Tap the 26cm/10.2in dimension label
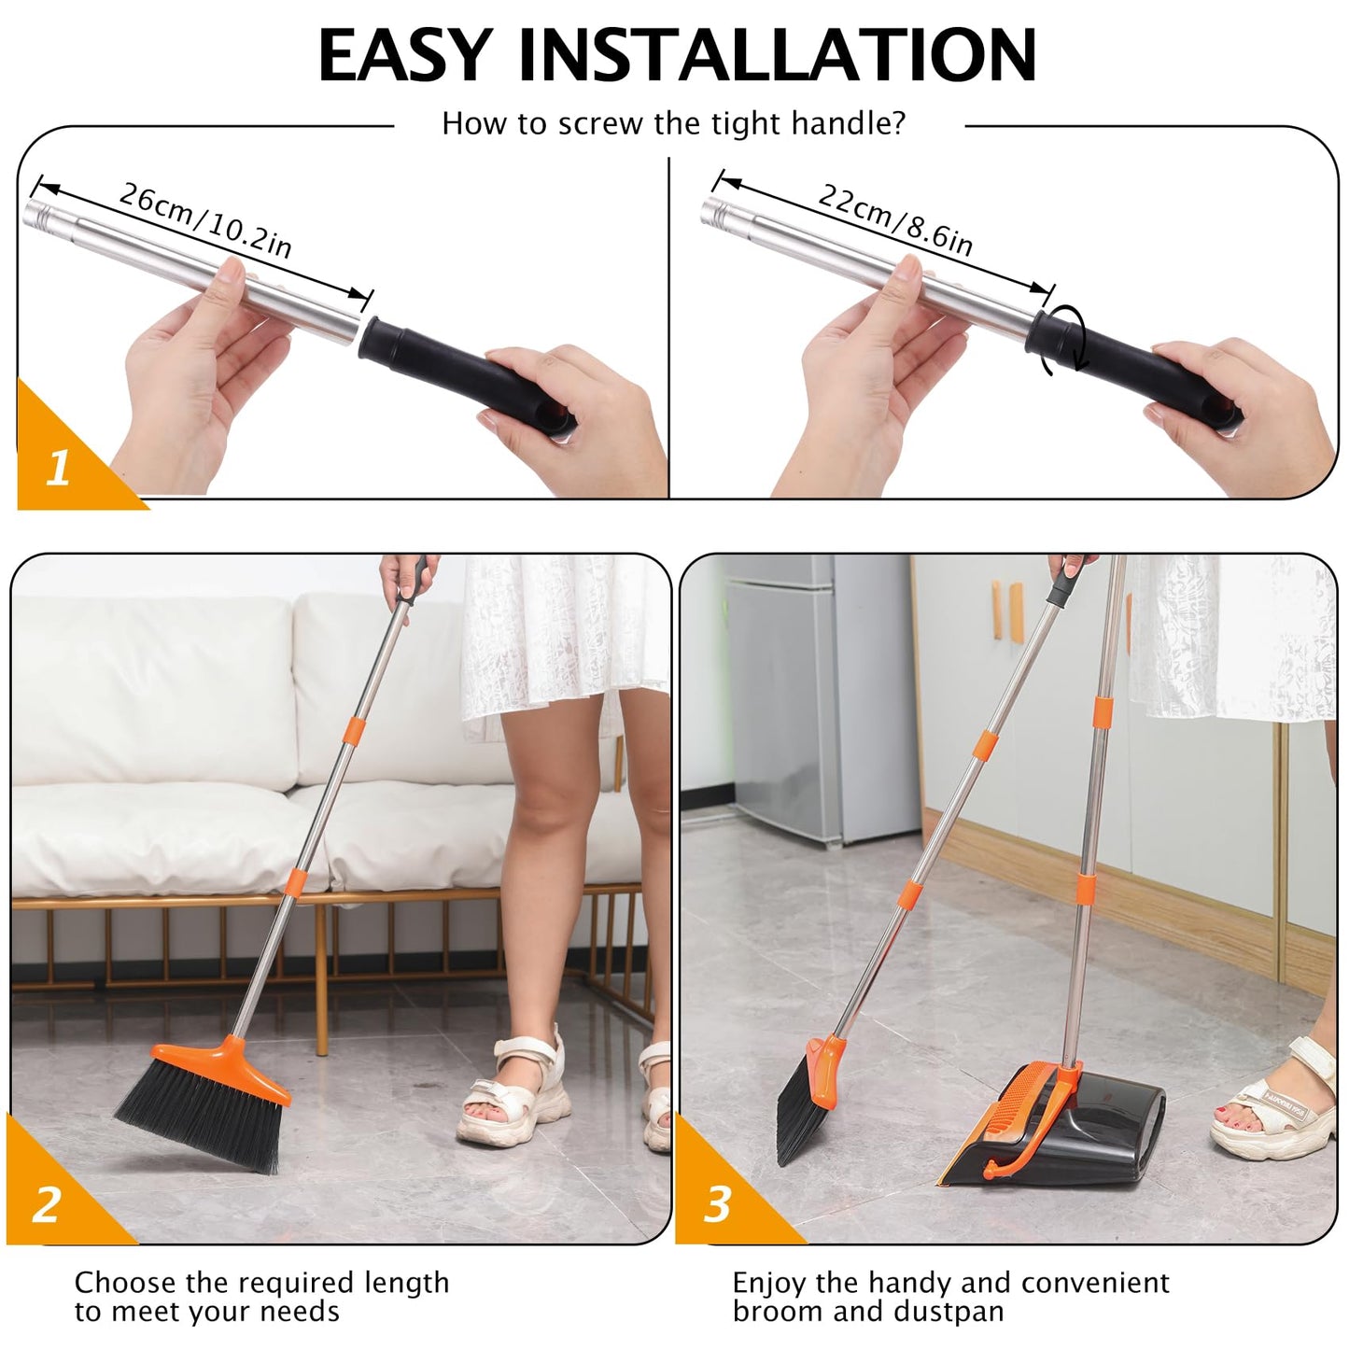pos(205,219)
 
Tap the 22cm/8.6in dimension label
pos(894,218)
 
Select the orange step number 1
pos(58,467)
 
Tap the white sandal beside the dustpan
pos(1284,1102)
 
